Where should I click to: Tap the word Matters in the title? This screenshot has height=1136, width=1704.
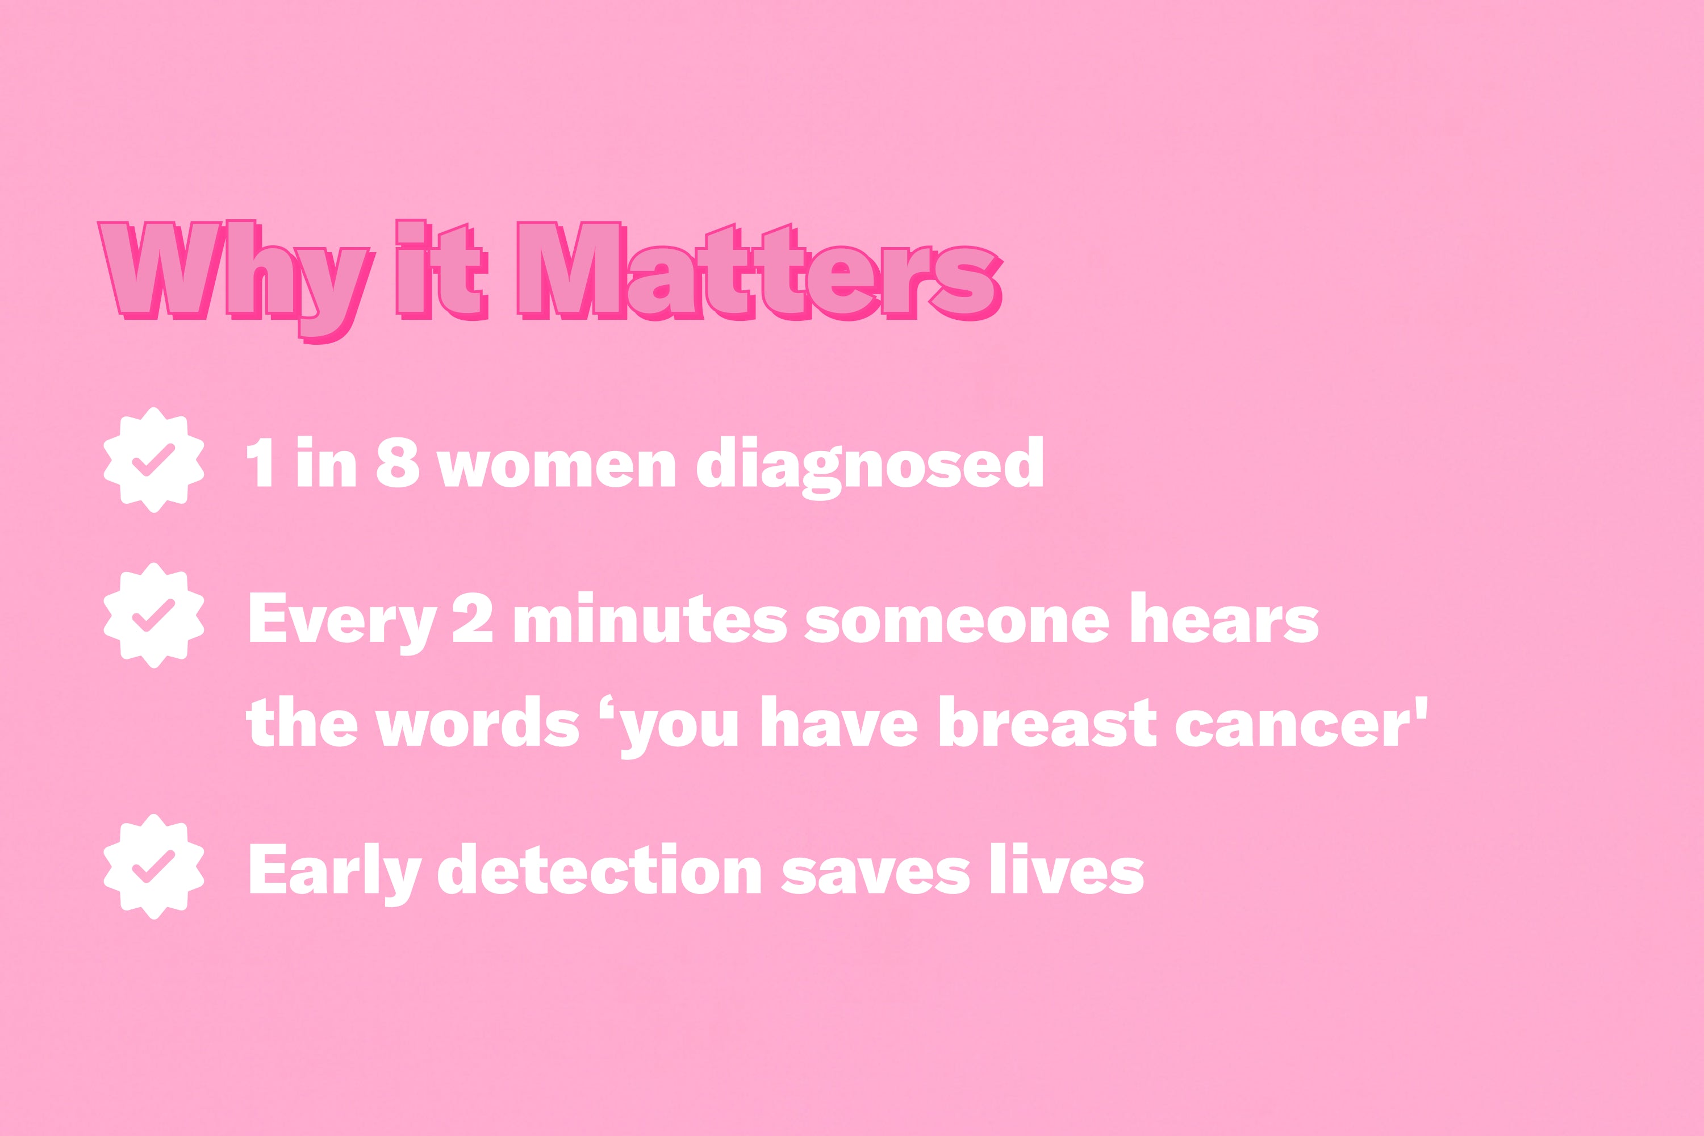point(760,271)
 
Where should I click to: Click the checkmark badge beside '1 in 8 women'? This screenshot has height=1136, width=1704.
point(153,460)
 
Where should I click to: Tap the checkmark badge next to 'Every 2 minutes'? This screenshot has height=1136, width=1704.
point(153,615)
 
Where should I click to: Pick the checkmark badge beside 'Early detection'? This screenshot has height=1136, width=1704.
point(153,867)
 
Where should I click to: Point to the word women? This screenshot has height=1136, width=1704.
point(557,468)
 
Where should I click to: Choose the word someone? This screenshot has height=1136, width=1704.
point(957,624)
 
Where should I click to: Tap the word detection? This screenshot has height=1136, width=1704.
point(600,867)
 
